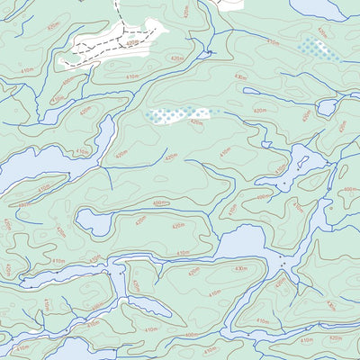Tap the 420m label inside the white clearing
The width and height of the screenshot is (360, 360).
pos(133,42)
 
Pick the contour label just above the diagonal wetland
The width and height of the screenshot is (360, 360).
pos(273,42)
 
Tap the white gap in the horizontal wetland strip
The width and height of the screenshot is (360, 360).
pos(203,113)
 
